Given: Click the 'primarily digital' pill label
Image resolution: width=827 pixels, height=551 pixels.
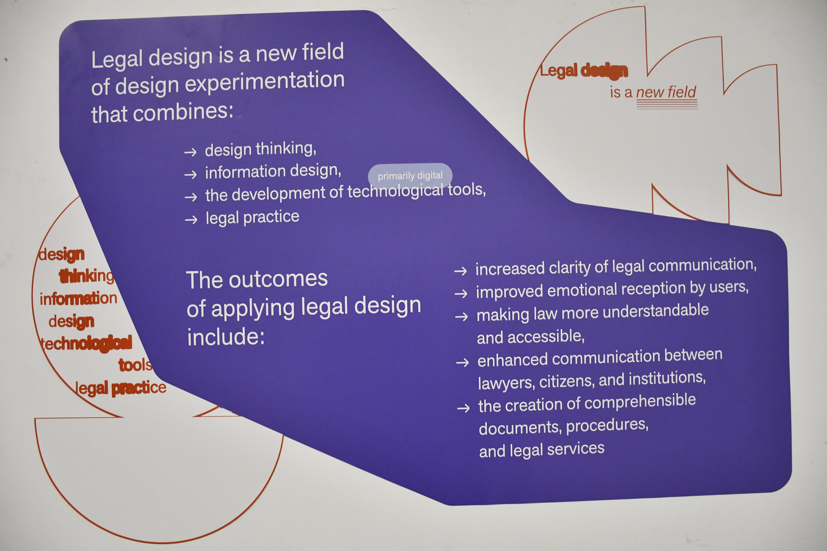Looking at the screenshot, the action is coord(410,175).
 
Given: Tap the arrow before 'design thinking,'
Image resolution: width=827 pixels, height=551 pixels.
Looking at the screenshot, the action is coord(191,152).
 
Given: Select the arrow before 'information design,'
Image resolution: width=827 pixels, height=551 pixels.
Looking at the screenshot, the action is coord(191,174).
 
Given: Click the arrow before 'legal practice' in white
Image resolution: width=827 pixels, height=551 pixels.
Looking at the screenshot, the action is coord(191,220).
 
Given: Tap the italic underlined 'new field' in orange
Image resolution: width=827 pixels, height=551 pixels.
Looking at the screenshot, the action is coord(666,92).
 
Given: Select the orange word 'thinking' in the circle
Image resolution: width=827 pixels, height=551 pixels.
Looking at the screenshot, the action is coord(86,276).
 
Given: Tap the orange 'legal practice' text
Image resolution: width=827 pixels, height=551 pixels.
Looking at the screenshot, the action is coord(121,388).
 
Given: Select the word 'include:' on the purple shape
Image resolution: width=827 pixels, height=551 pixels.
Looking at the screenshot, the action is coord(226,337).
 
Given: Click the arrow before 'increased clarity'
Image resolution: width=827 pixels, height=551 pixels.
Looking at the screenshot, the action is coord(461,271).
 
